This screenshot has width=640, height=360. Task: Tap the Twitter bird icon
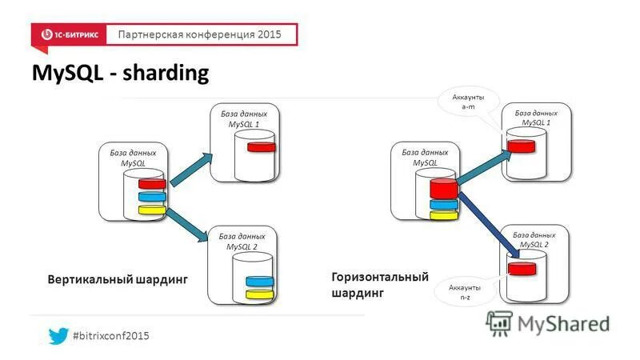tap(58, 336)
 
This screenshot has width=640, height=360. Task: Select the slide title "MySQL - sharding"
tap(120, 74)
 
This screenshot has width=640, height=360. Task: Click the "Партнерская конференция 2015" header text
tap(200, 35)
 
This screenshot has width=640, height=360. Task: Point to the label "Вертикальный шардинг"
tap(118, 280)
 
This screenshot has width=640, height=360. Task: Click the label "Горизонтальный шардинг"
tap(379, 285)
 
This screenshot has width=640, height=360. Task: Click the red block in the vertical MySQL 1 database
tap(260, 147)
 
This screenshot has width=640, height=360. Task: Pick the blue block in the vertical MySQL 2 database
tap(260, 282)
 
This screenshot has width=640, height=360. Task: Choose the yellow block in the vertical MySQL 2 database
tap(260, 294)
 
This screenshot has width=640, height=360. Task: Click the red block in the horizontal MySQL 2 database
tap(523, 268)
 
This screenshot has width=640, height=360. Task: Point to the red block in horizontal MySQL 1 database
tap(521, 146)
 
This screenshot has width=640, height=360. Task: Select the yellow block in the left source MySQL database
tap(151, 210)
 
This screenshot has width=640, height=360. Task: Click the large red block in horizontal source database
tap(443, 189)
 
